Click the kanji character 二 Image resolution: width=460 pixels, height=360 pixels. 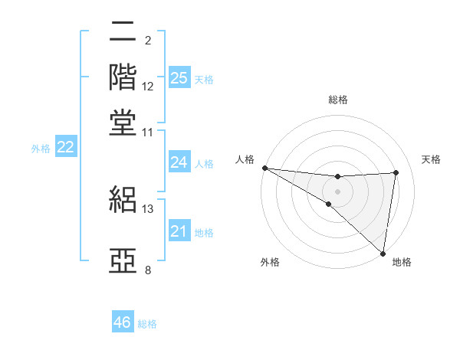click(x=123, y=33)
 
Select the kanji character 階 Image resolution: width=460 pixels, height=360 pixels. click(x=123, y=77)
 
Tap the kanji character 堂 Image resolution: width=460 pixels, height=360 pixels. click(x=123, y=123)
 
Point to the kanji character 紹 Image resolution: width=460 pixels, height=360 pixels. click(x=123, y=200)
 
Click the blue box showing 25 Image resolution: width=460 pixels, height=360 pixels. click(x=179, y=78)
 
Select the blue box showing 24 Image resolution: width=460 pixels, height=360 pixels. click(x=179, y=162)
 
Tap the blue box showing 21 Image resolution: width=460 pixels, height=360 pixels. click(x=179, y=231)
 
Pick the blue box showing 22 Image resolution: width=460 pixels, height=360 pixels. click(x=65, y=148)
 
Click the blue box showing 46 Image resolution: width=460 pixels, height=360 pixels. click(x=123, y=322)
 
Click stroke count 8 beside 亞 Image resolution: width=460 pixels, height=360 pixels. click(x=147, y=270)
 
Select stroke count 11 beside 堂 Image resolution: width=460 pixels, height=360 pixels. click(x=148, y=133)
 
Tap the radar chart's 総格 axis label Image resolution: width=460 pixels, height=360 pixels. click(x=338, y=100)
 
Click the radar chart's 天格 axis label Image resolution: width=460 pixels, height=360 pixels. click(x=432, y=159)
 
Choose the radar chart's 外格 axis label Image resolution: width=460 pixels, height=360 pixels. click(x=270, y=263)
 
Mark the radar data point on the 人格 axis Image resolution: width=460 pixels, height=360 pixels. click(x=264, y=167)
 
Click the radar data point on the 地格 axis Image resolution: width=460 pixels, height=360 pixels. click(x=383, y=253)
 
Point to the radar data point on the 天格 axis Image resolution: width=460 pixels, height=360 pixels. click(x=396, y=172)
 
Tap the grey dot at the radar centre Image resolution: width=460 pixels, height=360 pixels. click(x=337, y=191)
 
